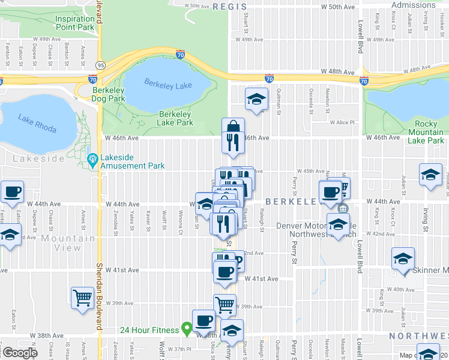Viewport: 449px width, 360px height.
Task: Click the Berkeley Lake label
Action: (169, 85)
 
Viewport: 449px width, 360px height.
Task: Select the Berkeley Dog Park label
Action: (109, 94)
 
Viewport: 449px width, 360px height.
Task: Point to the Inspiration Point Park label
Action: (75, 23)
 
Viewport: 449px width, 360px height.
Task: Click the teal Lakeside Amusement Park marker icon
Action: (92, 160)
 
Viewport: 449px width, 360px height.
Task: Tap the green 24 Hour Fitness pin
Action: (187, 329)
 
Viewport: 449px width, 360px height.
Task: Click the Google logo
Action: (20, 353)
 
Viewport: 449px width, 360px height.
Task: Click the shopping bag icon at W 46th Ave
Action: (233, 127)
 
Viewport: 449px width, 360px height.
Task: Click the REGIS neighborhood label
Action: (229, 7)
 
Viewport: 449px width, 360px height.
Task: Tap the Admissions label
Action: (413, 5)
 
